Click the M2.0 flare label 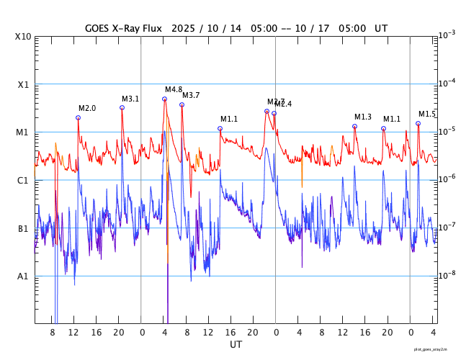click(87, 108)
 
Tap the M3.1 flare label click(130, 99)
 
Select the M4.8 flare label click(174, 89)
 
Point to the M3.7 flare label click(191, 95)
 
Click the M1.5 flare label click(427, 114)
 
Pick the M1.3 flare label click(363, 117)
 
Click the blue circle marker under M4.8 click(164, 99)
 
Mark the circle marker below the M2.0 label click(78, 117)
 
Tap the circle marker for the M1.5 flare click(418, 123)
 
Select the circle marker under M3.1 click(122, 107)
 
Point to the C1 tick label click(24, 180)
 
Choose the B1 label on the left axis click(24, 228)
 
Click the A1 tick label click(24, 276)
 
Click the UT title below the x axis click(236, 344)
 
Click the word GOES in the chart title click(97, 28)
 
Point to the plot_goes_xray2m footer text click(435, 349)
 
